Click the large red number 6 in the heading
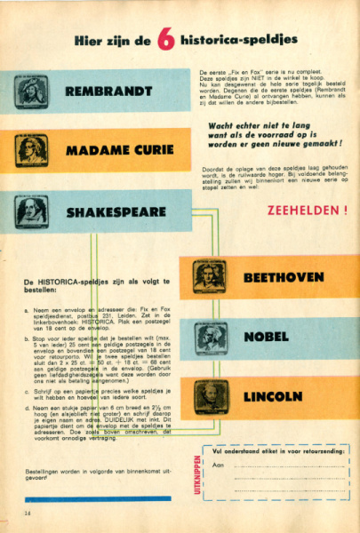click(x=165, y=41)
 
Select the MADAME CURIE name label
click(x=119, y=151)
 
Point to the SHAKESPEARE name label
click(x=116, y=212)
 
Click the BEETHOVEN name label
click(x=284, y=277)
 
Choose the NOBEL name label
click(x=268, y=337)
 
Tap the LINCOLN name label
click(x=272, y=396)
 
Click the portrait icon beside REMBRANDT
click(x=31, y=91)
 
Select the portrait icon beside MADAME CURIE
click(x=31, y=151)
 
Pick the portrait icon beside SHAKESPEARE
click(x=31, y=211)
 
